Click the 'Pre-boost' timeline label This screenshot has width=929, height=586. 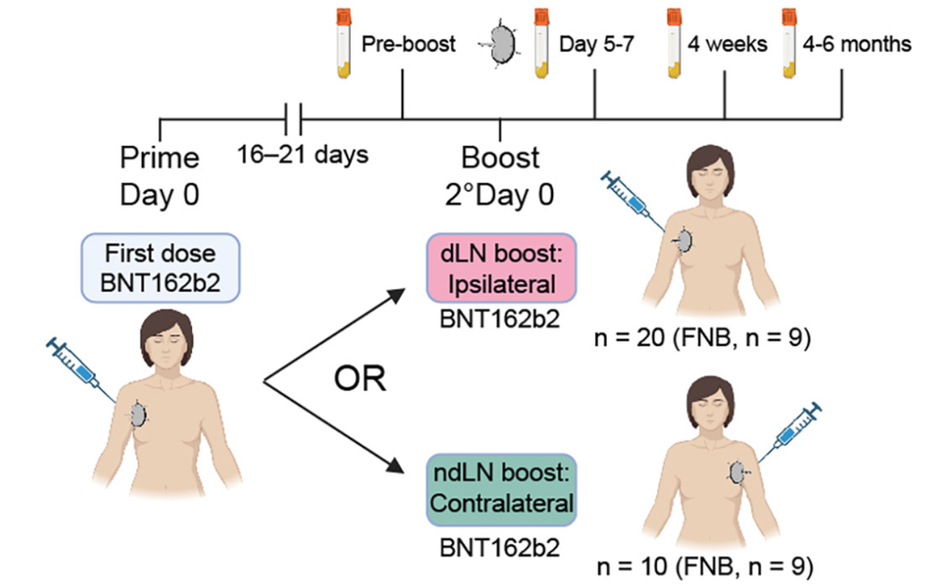tap(408, 45)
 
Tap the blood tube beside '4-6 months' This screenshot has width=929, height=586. tap(790, 43)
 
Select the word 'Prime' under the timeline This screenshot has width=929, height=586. tap(160, 157)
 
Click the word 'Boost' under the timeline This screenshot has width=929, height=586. tap(500, 157)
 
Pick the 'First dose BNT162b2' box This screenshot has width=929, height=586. tap(160, 265)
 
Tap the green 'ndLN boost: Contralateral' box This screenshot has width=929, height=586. tap(500, 488)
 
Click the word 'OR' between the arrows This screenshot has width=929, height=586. tap(361, 381)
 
